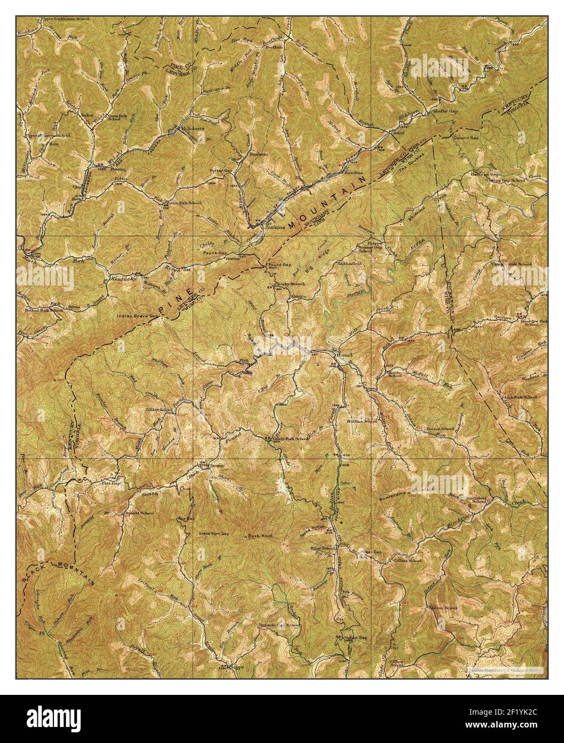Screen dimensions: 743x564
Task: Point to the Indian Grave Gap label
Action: [138, 316]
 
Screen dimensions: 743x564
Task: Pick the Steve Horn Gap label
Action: [214, 533]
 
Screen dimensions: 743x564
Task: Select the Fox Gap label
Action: [185, 518]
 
